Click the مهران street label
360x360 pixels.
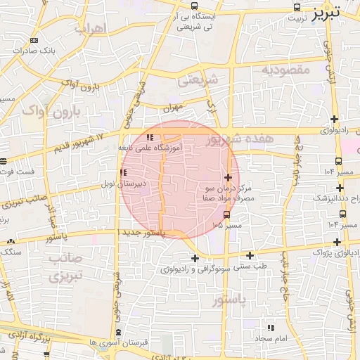(172, 108)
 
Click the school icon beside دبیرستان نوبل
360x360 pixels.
(123, 172)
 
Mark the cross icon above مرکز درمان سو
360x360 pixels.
(228, 177)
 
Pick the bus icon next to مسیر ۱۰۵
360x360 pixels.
(226, 213)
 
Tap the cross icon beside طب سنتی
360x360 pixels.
(250, 255)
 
